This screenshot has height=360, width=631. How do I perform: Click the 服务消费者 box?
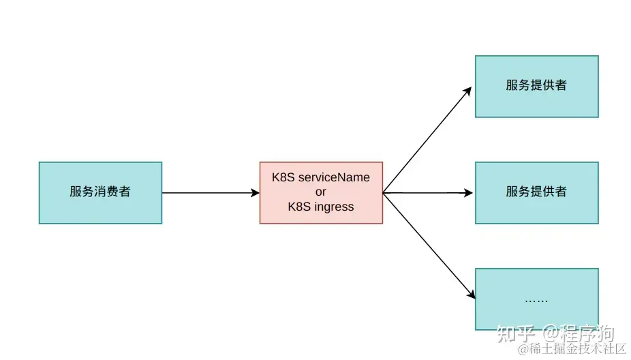100,192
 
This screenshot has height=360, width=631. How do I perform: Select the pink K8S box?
321,192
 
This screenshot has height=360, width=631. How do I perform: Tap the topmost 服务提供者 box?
536,86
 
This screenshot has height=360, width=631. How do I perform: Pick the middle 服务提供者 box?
536,192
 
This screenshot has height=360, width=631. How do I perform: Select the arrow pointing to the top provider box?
427,140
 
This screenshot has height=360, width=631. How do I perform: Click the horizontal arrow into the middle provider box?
428,193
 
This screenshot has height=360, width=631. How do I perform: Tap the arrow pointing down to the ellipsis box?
428,245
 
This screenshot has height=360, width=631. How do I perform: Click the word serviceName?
334,177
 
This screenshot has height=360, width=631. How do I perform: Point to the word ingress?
333,207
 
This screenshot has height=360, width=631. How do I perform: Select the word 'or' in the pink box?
321,192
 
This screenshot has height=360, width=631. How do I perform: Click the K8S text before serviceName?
283,177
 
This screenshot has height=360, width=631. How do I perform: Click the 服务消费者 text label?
100,192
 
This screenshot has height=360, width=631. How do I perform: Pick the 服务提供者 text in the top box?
536,86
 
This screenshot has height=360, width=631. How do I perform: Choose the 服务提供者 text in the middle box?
536,192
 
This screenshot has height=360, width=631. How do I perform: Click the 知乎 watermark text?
514,333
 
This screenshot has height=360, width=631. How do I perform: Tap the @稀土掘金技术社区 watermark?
572,349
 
